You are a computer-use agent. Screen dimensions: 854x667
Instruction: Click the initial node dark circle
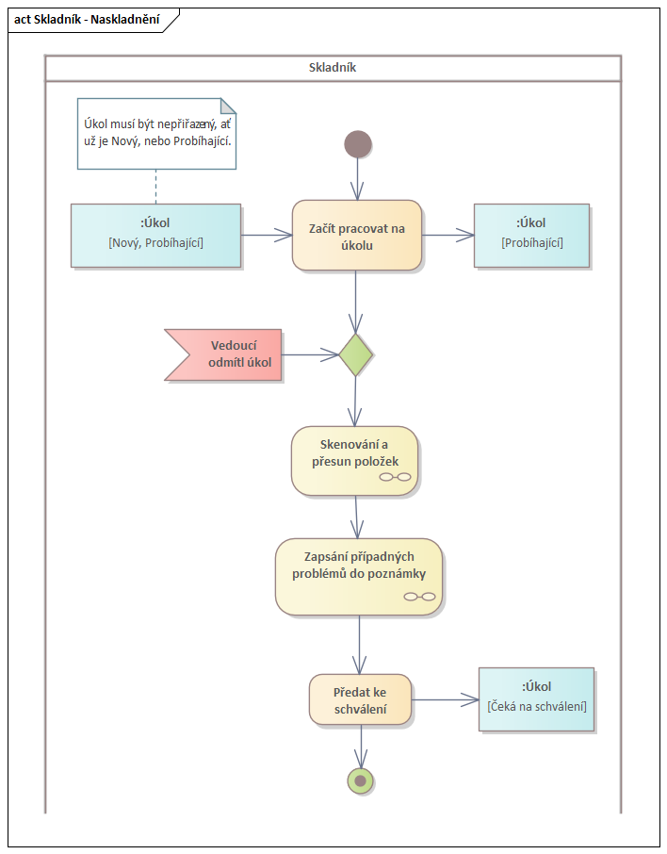point(358,144)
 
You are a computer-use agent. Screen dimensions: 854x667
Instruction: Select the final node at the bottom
point(360,780)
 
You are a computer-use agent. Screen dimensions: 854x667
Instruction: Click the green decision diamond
point(356,354)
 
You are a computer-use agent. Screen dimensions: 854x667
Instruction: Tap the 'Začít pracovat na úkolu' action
point(356,236)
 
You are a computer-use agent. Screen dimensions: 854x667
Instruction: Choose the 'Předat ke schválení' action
point(360,699)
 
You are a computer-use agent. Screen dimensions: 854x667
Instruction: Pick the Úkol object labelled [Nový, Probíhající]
point(155,235)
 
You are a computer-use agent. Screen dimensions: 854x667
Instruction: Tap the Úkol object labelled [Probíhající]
point(531,234)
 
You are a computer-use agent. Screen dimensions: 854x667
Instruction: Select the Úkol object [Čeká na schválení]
point(536,698)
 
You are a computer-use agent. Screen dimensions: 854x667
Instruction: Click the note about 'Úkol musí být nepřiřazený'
point(155,133)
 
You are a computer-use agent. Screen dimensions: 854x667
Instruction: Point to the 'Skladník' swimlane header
point(333,68)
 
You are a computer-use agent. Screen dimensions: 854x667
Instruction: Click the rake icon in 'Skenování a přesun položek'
point(396,477)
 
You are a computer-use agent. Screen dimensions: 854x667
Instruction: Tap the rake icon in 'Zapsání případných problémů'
point(419,597)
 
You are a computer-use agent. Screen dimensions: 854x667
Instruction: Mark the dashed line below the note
point(155,186)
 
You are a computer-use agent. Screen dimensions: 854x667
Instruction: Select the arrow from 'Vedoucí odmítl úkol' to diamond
point(310,354)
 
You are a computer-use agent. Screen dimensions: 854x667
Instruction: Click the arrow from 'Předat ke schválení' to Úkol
point(445,699)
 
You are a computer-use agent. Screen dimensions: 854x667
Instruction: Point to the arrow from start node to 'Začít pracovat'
point(357,178)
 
